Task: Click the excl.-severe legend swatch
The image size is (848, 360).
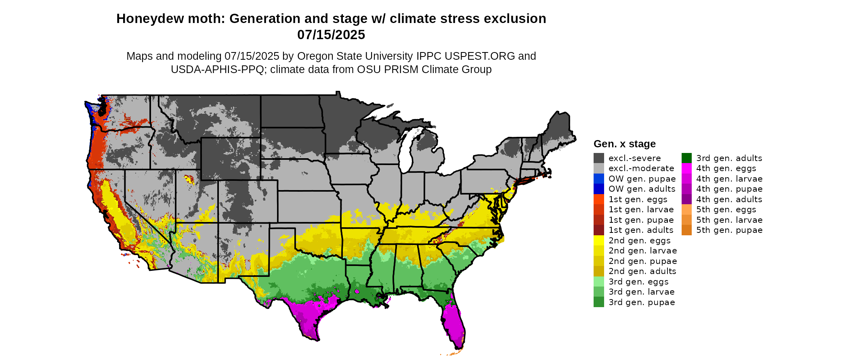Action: [x=598, y=158]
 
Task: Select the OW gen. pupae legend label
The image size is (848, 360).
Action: [x=642, y=179]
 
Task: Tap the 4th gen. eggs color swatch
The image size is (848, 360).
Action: [x=686, y=168]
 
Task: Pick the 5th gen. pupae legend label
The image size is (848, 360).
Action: [x=729, y=230]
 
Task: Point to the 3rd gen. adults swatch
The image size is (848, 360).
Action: [x=686, y=158]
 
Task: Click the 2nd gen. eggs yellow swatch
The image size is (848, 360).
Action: [x=598, y=241]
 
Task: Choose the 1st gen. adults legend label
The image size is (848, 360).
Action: [x=641, y=230]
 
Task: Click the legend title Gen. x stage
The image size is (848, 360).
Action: [x=624, y=144]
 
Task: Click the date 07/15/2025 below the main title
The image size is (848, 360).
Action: [x=331, y=35]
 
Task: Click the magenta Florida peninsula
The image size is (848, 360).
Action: [x=454, y=327]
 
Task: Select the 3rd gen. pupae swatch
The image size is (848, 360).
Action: [x=598, y=302]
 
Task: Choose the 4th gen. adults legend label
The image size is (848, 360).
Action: [x=729, y=199]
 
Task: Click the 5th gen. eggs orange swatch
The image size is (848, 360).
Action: [x=686, y=209]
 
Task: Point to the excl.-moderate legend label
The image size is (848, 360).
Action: [x=641, y=168]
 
